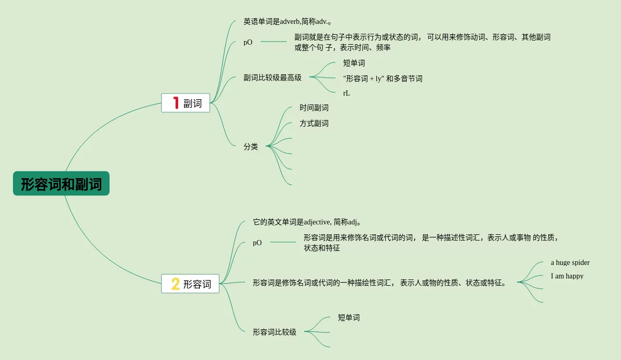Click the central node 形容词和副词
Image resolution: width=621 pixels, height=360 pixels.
pyautogui.click(x=61, y=184)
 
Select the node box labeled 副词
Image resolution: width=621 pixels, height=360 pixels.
pyautogui.click(x=185, y=103)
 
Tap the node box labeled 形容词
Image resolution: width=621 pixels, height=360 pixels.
pyautogui.click(x=190, y=284)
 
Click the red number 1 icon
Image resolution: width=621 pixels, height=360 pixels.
pyautogui.click(x=176, y=103)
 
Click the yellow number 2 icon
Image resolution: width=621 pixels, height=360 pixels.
pyautogui.click(x=176, y=284)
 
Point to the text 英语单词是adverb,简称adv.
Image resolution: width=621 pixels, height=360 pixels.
pyautogui.click(x=287, y=22)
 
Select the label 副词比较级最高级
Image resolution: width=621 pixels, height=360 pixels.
pyautogui.click(x=272, y=78)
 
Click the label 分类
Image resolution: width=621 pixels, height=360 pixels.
pyautogui.click(x=251, y=147)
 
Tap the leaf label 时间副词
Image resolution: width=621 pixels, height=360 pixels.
pyautogui.click(x=314, y=108)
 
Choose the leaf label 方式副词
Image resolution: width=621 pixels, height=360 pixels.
pyautogui.click(x=314, y=124)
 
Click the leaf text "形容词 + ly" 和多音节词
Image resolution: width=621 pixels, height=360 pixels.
pyautogui.click(x=383, y=79)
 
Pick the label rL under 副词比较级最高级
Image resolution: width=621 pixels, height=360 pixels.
pyautogui.click(x=346, y=94)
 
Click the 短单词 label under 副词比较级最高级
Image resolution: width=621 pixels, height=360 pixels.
pyautogui.click(x=354, y=63)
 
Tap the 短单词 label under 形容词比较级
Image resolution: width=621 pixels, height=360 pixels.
pyautogui.click(x=348, y=317)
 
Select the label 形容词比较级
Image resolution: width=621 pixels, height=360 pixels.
pyautogui.click(x=274, y=332)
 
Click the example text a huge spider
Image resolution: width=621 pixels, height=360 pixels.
pyautogui.click(x=570, y=263)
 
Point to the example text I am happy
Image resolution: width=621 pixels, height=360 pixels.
pyautogui.click(x=567, y=276)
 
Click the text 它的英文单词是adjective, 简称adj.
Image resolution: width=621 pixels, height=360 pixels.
pyautogui.click(x=307, y=222)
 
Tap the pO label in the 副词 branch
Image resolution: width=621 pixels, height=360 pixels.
pyautogui.click(x=248, y=43)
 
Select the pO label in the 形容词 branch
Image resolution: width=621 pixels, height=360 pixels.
pyautogui.click(x=257, y=243)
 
